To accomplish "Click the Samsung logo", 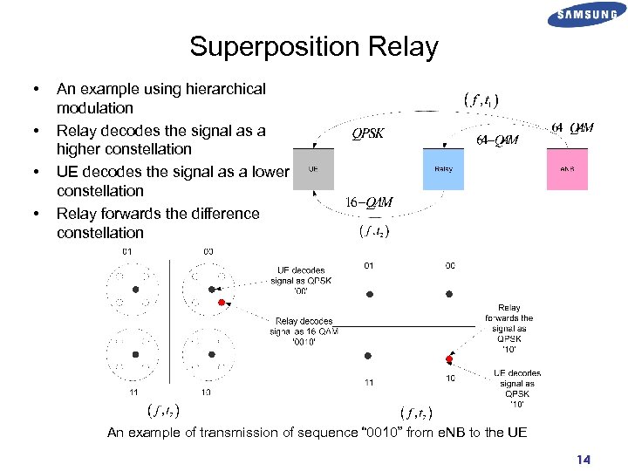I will tap(587, 15).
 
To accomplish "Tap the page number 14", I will tap(582, 459).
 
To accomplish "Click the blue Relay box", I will tap(443, 169).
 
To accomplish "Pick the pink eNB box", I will tap(568, 169).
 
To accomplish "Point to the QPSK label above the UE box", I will tap(367, 133).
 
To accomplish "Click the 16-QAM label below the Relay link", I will tap(370, 202).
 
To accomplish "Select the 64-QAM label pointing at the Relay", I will tap(498, 140).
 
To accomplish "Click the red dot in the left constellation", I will tap(222, 302).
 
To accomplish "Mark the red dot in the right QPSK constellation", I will tap(449, 358).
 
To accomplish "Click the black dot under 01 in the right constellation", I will tap(369, 294).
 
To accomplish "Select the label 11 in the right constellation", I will tap(369, 382).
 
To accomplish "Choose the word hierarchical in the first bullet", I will tap(222, 88).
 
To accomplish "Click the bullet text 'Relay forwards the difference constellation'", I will tap(157, 223).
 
